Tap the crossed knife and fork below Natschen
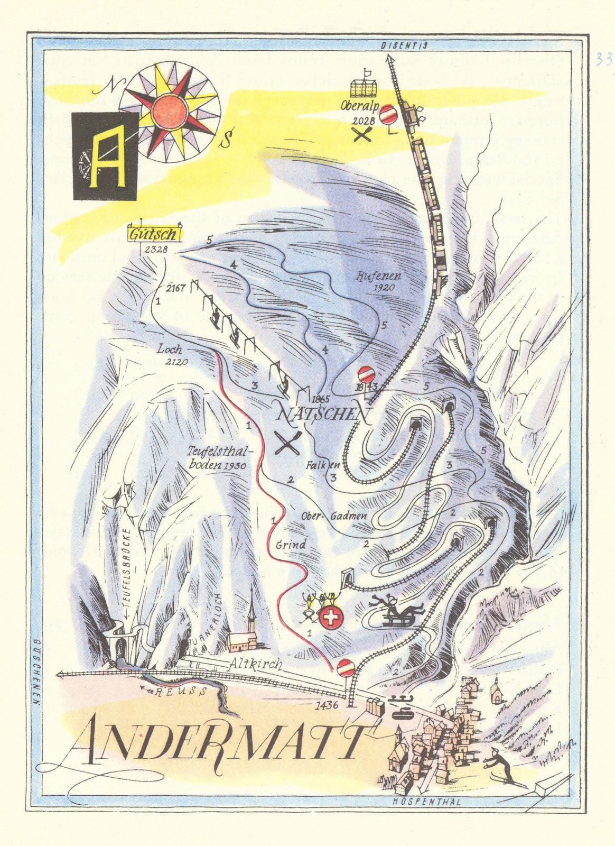288,443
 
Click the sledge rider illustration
396,611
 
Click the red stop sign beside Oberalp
388,114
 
